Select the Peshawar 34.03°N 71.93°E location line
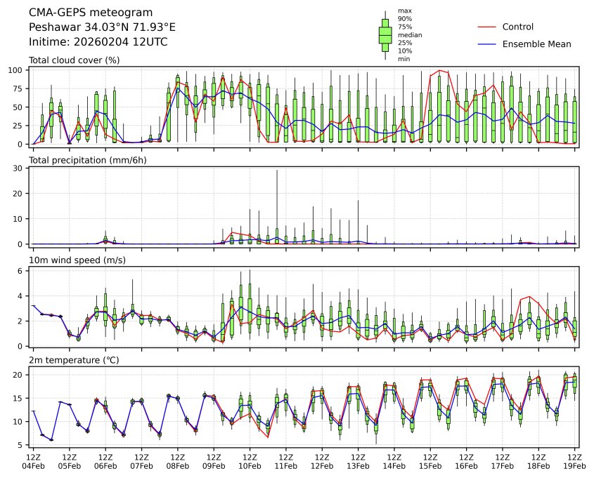pos(102,27)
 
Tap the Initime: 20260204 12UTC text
pos(98,42)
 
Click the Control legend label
pos(517,27)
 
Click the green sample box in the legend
pos(385,34)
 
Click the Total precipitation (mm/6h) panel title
pos(87,161)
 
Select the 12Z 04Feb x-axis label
pos(33,460)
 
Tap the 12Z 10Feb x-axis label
pos(250,460)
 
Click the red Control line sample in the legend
pos(488,27)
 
